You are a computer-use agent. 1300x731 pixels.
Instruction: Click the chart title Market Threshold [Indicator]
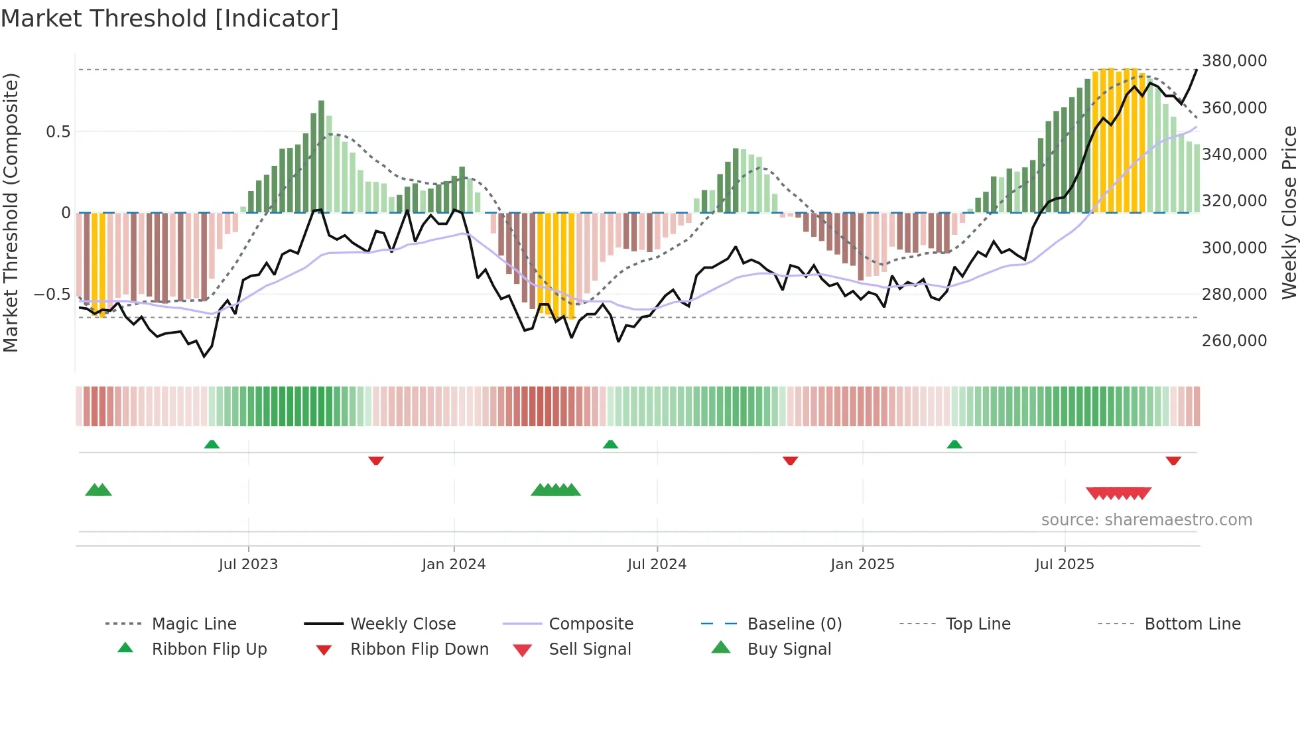(170, 19)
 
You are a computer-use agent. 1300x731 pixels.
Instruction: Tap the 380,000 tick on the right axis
(1234, 61)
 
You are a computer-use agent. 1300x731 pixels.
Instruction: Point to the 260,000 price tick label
(1234, 341)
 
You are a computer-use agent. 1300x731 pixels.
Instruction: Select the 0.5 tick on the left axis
(58, 132)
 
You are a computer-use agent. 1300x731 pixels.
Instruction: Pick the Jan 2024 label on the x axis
(454, 565)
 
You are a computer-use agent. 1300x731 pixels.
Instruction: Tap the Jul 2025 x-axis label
(1065, 565)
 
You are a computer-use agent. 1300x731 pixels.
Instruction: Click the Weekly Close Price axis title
(1289, 212)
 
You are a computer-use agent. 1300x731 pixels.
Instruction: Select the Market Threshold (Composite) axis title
(11, 212)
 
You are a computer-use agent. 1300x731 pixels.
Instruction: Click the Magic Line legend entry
(194, 624)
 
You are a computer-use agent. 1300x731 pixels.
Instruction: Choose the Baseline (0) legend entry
(794, 624)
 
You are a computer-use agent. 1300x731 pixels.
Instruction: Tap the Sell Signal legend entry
(590, 649)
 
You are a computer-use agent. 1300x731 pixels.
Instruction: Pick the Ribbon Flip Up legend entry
(209, 649)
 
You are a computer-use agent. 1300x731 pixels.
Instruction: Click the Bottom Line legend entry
(1192, 624)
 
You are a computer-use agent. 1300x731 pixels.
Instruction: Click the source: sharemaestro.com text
(1146, 520)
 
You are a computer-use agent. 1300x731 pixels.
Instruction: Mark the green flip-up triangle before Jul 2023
(212, 444)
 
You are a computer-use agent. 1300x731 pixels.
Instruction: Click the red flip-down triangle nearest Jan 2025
(790, 460)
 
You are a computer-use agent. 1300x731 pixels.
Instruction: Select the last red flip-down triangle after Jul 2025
(1173, 460)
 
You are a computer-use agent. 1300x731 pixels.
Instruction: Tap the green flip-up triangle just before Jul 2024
(610, 444)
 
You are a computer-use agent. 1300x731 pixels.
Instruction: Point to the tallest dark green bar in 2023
(321, 156)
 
